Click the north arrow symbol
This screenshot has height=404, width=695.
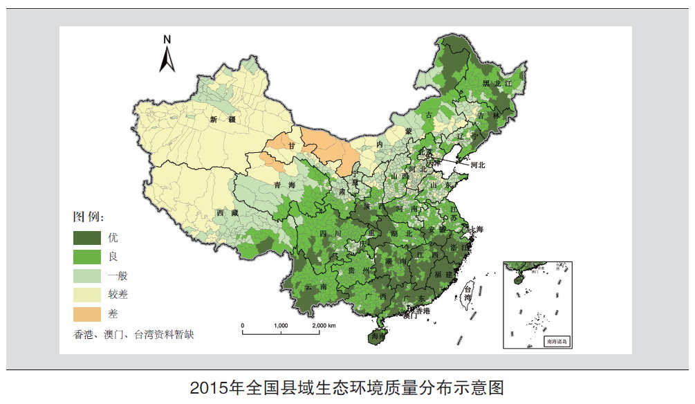coord(167,55)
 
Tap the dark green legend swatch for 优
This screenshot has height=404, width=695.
coord(87,237)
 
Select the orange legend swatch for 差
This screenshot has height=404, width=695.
coord(87,314)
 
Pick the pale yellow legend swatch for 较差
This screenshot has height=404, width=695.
coord(87,295)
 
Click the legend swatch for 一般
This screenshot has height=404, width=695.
coord(87,275)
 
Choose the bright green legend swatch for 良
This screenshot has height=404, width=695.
coord(87,256)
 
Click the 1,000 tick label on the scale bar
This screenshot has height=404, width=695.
coord(281,325)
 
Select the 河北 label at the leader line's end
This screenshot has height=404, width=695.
coord(478,165)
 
